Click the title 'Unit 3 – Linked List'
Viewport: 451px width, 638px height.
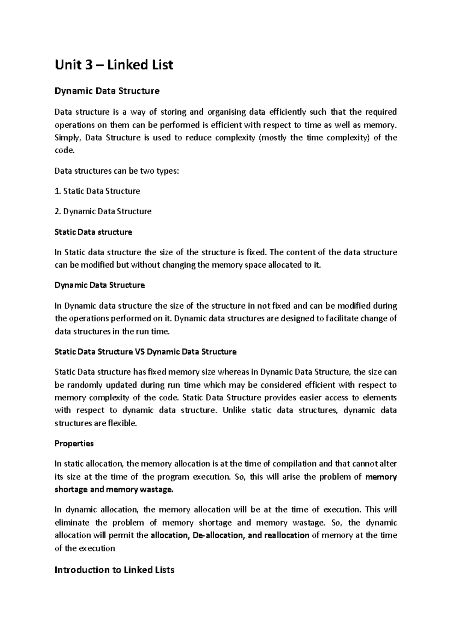[x=114, y=65]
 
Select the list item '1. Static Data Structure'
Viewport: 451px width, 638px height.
[x=97, y=191]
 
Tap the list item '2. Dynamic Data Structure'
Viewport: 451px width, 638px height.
[x=103, y=211]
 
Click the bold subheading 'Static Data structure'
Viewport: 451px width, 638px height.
[x=93, y=232]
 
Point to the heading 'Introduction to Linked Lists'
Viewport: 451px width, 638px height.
[x=115, y=570]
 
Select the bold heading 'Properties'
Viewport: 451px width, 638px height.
[x=74, y=443]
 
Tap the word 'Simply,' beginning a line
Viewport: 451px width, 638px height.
[x=68, y=138]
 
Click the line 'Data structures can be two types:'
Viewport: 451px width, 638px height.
[x=117, y=171]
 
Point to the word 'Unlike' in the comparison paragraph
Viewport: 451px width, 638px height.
[x=234, y=410]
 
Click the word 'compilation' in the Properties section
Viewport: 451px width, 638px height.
[x=294, y=464]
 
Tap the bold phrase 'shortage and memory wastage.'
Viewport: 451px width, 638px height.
[x=115, y=489]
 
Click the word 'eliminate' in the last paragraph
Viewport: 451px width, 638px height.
[x=72, y=523]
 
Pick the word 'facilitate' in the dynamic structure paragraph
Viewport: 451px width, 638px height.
[x=342, y=318]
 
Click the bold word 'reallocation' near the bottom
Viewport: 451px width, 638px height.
[x=287, y=535]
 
